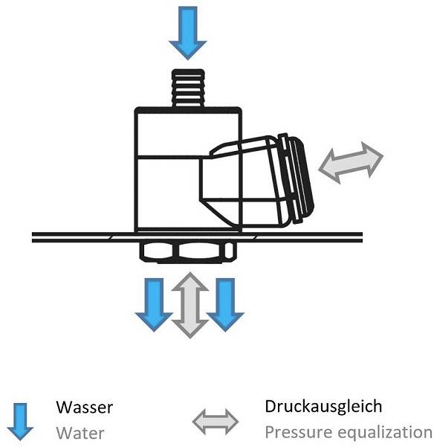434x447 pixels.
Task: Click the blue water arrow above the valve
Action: pos(188,33)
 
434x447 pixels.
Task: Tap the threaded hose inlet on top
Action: pos(188,88)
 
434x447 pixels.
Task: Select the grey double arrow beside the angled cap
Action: pos(351,162)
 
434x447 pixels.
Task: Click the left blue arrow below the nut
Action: pos(154,304)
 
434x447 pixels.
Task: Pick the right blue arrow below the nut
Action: pos(225,304)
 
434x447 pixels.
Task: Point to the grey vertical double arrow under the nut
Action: pos(190,305)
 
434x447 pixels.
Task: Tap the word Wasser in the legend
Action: pos(84,407)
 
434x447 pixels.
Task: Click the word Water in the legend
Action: pos(80,434)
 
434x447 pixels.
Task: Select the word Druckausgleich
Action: pos(323,407)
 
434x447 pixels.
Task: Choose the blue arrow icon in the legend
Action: pos(20,422)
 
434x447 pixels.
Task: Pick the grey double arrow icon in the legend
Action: pos(216,422)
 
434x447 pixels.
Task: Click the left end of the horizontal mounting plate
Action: pos(32,237)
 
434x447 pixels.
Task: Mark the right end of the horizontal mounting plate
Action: pos(362,237)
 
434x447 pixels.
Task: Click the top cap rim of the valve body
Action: pos(188,110)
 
